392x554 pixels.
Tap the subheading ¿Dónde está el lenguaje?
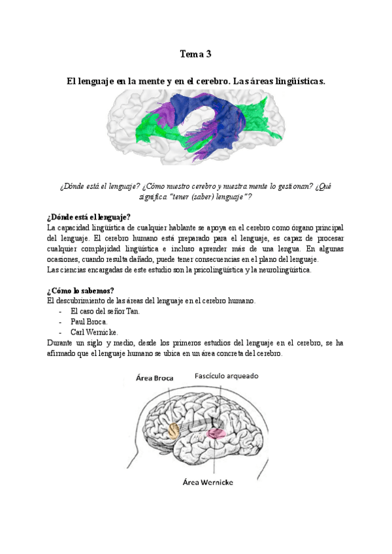tap(89, 217)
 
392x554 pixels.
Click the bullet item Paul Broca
tap(90, 321)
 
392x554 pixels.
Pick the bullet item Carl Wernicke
tap(94, 331)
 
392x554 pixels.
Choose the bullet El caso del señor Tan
tap(105, 311)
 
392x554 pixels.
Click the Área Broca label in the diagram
tap(155, 378)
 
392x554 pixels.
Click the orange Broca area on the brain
tap(174, 430)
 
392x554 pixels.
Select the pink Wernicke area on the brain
tap(216, 432)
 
